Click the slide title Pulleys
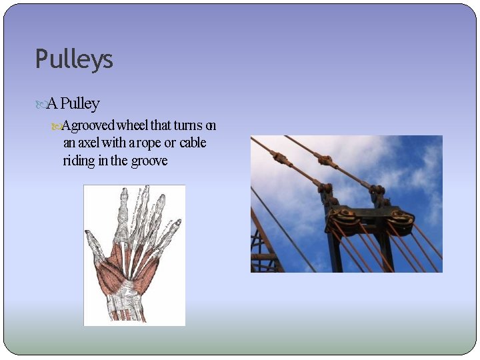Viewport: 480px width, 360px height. pyautogui.click(x=74, y=60)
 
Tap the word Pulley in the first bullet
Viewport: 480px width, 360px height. pyautogui.click(x=81, y=104)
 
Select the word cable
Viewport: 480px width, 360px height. pyautogui.click(x=193, y=143)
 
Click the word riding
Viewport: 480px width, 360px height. pyautogui.click(x=79, y=161)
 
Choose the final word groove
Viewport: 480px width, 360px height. pyautogui.click(x=149, y=161)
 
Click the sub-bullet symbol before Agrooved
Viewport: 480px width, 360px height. pyautogui.click(x=56, y=126)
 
